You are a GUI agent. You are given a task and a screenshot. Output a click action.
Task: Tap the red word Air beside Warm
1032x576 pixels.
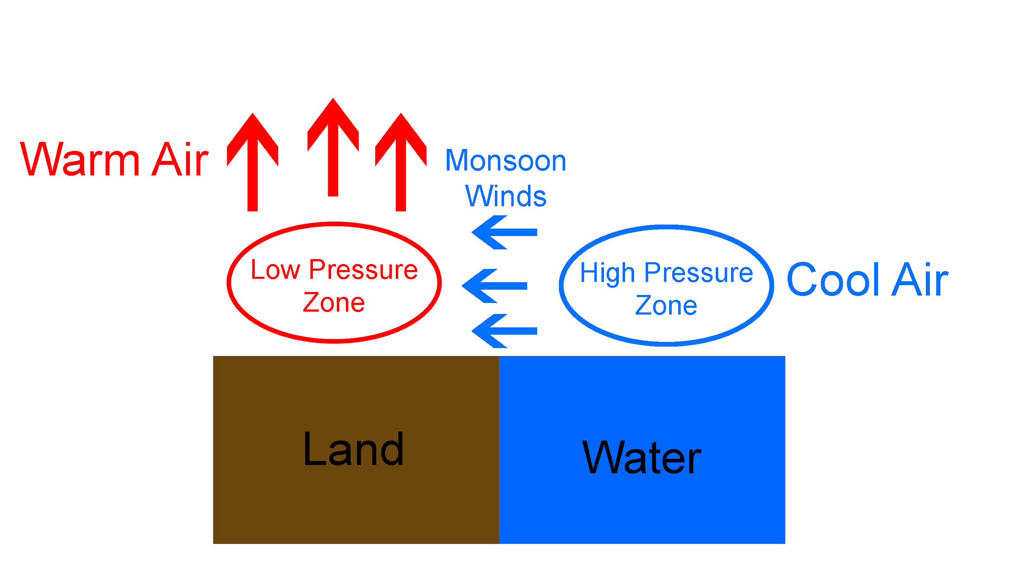tap(180, 160)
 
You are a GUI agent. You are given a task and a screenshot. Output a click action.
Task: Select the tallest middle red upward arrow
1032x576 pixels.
tap(333, 149)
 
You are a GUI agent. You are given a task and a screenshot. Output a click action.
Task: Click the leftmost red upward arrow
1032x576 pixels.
tap(253, 165)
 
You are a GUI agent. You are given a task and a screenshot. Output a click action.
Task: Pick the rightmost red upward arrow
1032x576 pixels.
tap(401, 165)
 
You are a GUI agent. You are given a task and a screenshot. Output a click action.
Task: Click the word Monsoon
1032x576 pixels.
tap(505, 161)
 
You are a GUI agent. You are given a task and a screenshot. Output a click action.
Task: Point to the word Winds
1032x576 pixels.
tap(505, 196)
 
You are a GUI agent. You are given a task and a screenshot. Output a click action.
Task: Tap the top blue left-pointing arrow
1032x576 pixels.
tap(504, 232)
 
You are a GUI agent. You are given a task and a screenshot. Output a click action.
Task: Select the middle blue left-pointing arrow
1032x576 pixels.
tap(495, 286)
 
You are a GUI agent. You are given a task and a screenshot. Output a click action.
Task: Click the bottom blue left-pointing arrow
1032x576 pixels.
tap(504, 331)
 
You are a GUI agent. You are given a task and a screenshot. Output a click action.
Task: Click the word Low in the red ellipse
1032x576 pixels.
tap(275, 270)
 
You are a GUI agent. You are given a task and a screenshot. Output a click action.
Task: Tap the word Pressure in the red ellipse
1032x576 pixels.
tap(363, 270)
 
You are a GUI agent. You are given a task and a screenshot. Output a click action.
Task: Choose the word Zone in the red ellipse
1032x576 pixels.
tap(334, 303)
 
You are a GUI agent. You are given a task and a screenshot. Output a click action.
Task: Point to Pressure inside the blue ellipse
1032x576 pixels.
tap(698, 273)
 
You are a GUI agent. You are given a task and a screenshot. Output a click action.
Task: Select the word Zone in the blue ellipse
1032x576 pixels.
tap(666, 306)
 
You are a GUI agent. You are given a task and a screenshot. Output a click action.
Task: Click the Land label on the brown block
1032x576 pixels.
tap(353, 450)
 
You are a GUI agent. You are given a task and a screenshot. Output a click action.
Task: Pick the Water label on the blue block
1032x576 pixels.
tap(641, 458)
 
